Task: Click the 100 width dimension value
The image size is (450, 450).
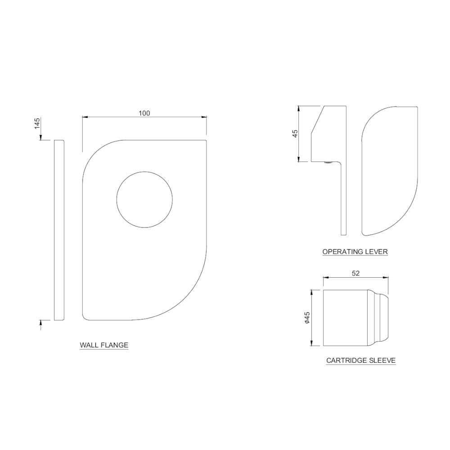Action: [x=144, y=113]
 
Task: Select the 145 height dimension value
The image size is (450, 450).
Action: [x=37, y=123]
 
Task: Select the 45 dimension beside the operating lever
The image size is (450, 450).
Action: [x=295, y=134]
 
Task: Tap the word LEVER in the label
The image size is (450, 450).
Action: [x=376, y=252]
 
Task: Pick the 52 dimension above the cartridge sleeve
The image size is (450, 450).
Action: [x=355, y=273]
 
